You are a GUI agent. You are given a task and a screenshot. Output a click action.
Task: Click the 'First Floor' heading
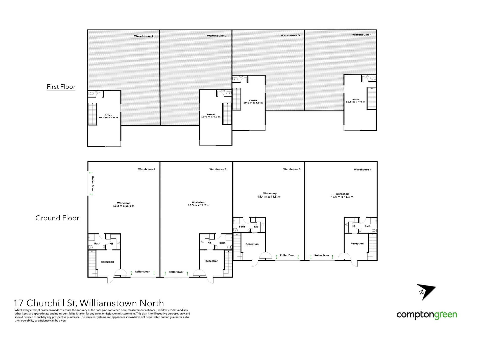click(61, 87)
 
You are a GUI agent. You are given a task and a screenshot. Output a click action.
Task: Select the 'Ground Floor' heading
click(57, 218)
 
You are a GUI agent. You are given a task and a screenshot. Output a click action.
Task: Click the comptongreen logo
click(427, 315)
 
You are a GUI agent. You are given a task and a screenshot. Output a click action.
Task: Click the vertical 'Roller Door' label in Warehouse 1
click(93, 184)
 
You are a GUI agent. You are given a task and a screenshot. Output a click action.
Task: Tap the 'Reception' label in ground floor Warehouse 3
click(252, 244)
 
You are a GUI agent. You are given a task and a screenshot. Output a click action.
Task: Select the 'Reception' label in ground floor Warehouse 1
click(107, 262)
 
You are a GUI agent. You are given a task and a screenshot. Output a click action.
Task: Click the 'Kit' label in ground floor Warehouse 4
click(353, 226)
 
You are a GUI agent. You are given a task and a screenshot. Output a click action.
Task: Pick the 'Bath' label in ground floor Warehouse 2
click(222, 243)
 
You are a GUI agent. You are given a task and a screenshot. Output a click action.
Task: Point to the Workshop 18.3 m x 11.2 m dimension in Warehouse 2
click(199, 204)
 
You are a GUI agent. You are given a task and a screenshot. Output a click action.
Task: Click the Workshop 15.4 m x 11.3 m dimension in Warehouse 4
click(342, 196)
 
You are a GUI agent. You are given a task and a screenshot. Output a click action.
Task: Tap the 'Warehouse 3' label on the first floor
click(290, 35)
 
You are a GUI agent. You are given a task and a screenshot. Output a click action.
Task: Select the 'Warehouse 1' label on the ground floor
click(147, 169)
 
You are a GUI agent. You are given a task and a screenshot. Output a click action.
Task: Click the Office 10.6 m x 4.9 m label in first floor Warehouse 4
click(355, 101)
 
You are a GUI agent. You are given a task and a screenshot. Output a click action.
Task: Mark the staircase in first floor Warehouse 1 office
click(92, 114)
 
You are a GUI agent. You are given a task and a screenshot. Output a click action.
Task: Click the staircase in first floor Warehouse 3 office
click(236, 99)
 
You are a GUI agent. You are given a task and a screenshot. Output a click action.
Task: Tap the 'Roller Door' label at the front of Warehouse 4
click(322, 255)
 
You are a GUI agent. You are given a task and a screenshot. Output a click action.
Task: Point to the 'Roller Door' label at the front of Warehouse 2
click(176, 272)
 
